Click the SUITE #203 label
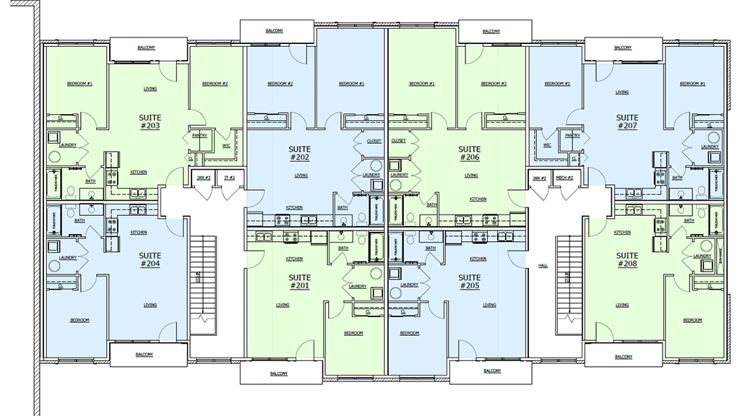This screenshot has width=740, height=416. pyautogui.click(x=150, y=121)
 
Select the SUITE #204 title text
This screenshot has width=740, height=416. pyautogui.click(x=150, y=259)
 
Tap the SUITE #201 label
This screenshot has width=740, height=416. pyautogui.click(x=299, y=282)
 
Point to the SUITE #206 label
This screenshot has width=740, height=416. pyautogui.click(x=469, y=153)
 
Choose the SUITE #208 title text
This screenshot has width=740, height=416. pyautogui.click(x=627, y=259)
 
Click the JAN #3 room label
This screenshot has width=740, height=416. pyautogui.click(x=204, y=178)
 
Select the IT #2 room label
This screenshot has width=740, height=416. pyautogui.click(x=230, y=178)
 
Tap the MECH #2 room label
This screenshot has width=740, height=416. pyautogui.click(x=564, y=178)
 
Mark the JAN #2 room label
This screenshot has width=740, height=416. pyautogui.click(x=538, y=178)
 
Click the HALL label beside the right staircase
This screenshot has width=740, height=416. pyautogui.click(x=543, y=266)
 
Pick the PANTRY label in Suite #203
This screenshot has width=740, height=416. pyautogui.click(x=200, y=135)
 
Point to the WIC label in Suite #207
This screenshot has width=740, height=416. pyautogui.click(x=546, y=144)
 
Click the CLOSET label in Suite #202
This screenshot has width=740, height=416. pyautogui.click(x=374, y=142)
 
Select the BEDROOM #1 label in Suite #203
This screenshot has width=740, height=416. pyautogui.click(x=79, y=84)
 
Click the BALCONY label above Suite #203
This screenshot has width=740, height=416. pyautogui.click(x=146, y=48)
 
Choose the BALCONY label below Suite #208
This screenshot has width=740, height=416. pyautogui.click(x=623, y=357)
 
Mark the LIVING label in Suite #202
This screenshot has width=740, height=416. pyautogui.click(x=301, y=175)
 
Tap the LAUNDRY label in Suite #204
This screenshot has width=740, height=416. pyautogui.click(x=68, y=258)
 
